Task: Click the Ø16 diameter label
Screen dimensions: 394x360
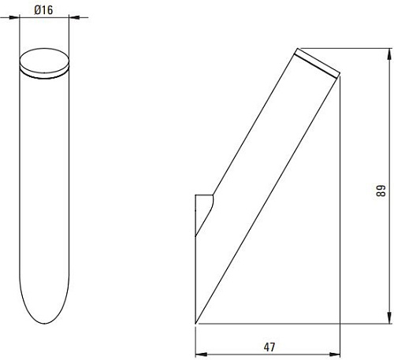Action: click(x=43, y=10)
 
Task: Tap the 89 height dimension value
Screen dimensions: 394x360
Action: click(x=381, y=191)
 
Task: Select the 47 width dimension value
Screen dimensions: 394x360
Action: click(x=269, y=347)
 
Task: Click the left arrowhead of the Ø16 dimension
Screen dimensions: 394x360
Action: click(x=15, y=17)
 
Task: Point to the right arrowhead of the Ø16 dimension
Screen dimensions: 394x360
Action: click(x=74, y=17)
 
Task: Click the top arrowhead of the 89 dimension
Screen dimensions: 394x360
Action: click(x=389, y=54)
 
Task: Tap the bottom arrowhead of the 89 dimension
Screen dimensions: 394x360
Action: click(x=389, y=318)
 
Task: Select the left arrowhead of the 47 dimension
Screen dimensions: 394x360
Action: click(x=201, y=354)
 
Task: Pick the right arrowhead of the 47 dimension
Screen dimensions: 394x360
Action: click(x=335, y=354)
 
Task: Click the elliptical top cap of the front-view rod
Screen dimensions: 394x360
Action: click(x=44, y=63)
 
